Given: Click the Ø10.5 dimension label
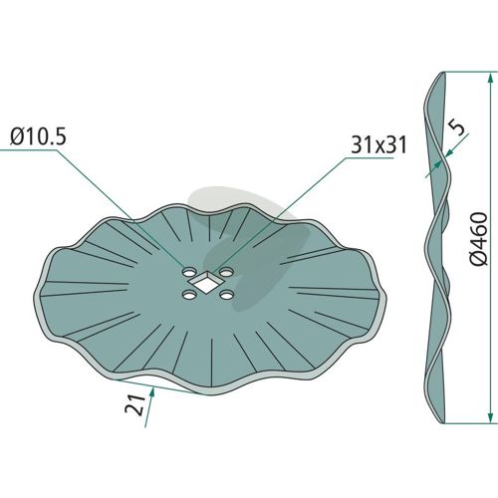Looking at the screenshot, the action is (x=38, y=136).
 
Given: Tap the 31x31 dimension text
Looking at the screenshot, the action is (x=378, y=145).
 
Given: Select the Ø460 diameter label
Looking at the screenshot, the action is (x=479, y=239).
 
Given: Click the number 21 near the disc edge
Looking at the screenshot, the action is (x=135, y=405).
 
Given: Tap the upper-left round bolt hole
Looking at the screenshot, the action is (x=189, y=272).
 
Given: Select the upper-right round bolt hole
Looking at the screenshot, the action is (x=226, y=272).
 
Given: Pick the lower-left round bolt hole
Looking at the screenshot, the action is (x=189, y=295).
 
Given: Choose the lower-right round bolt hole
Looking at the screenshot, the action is (x=227, y=295).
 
